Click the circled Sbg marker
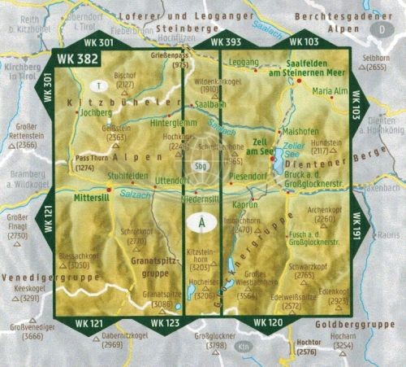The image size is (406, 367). click(201, 166)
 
